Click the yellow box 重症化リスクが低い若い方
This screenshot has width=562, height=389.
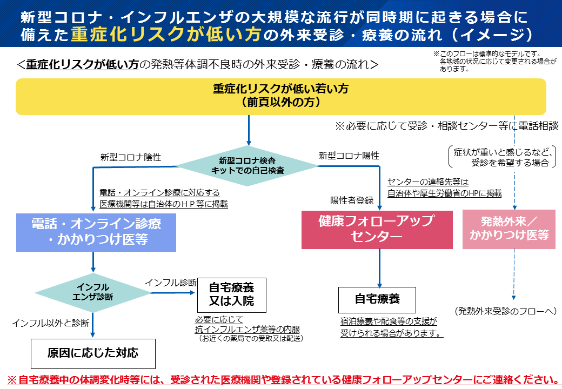click(281, 97)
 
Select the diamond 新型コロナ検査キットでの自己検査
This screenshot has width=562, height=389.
click(247, 166)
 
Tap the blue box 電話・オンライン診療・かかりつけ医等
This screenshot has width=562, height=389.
click(96, 232)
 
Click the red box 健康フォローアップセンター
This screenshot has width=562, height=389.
click(377, 229)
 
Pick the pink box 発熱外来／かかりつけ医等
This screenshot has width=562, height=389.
click(509, 229)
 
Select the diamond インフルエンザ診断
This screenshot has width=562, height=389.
click(93, 292)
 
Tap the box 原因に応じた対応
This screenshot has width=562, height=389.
click(93, 353)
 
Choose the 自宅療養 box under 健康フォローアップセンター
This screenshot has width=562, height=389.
click(377, 299)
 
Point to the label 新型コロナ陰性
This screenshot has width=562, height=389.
click(131, 157)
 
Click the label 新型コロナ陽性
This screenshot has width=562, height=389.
click(349, 156)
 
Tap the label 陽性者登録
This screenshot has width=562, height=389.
click(352, 200)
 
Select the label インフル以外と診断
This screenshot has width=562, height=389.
click(50, 323)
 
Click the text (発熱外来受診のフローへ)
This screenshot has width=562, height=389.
click(506, 311)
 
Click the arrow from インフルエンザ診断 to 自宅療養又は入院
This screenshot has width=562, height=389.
click(173, 292)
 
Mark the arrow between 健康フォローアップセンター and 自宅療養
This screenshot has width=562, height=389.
click(380, 267)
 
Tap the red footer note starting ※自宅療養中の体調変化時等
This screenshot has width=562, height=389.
click(281, 379)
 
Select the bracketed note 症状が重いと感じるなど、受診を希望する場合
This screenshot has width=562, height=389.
click(502, 157)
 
